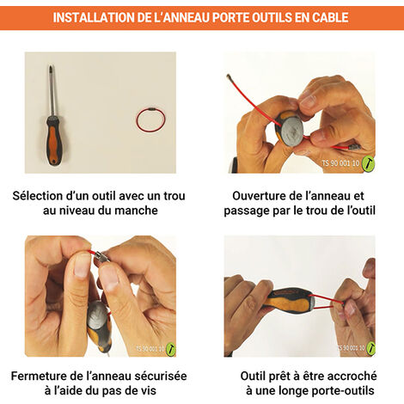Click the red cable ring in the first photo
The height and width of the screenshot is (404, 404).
tap(150, 119)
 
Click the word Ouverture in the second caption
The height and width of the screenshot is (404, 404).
tap(262, 196)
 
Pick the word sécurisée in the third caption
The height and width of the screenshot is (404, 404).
tap(158, 376)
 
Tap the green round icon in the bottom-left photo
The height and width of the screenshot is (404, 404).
tap(170, 349)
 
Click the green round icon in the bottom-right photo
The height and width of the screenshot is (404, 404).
tap(370, 348)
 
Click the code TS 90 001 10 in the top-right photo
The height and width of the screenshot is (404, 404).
tap(340, 162)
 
